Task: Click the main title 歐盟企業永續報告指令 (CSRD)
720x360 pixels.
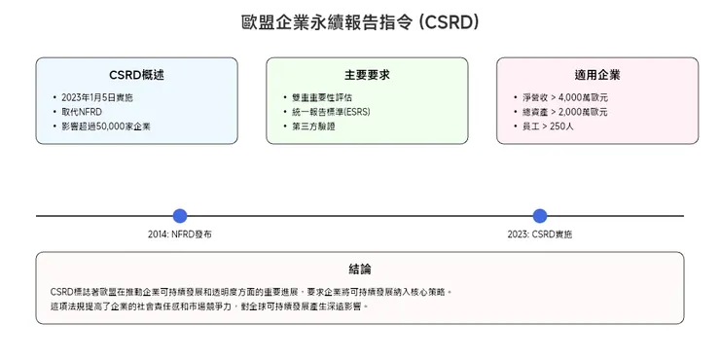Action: pos(360,22)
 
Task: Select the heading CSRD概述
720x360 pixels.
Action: pos(136,75)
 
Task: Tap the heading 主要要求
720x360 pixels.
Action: pos(367,75)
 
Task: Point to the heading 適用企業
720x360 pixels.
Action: pos(596,75)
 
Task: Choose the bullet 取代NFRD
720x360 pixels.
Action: pos(82,112)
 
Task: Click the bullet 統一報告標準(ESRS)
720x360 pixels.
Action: pos(330,112)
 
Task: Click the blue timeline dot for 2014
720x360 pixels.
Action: pos(179,216)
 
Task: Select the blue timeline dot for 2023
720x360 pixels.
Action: pos(540,216)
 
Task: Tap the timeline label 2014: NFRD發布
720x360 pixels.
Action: pos(179,234)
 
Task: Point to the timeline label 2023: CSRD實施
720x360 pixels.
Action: pos(540,234)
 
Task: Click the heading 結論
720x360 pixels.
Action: pos(360,269)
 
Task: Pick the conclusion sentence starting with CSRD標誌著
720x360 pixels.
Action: pos(251,291)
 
